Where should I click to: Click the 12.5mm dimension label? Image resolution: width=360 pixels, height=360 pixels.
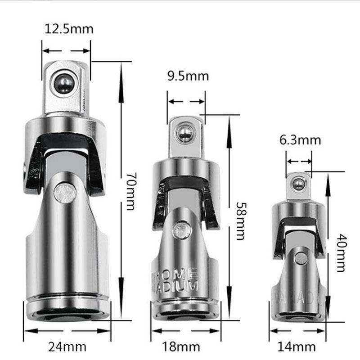tap(69, 29)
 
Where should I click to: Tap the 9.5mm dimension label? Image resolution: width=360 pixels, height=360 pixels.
tap(188, 76)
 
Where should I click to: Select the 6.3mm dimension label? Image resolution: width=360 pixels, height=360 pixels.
tap(300, 140)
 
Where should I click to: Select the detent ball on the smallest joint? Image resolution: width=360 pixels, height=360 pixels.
tap(297, 184)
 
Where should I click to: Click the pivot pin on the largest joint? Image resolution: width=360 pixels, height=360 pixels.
tap(65, 193)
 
